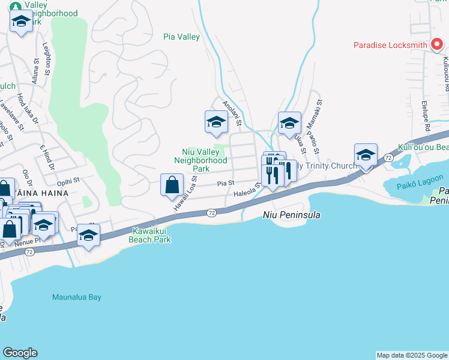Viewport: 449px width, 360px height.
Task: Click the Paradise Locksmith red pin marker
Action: tap(437, 44)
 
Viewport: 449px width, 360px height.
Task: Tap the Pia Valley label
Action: tap(181, 37)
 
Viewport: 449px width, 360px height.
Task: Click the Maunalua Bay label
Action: tap(76, 297)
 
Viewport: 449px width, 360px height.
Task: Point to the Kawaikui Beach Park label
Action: tap(149, 235)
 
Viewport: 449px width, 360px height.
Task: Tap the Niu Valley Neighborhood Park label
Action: tap(200, 160)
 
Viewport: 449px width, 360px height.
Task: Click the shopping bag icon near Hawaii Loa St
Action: tap(172, 184)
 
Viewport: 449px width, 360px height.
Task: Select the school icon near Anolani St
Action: tap(216, 122)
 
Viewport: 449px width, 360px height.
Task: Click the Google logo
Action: tap(20, 353)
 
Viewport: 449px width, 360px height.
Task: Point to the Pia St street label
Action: tap(225, 184)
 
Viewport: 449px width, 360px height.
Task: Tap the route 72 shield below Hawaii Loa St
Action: tap(211, 213)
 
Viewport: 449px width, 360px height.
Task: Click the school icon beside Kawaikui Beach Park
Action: tap(88, 236)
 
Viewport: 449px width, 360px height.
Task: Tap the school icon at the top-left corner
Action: tap(21, 22)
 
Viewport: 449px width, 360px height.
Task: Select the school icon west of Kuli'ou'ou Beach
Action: tap(365, 155)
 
